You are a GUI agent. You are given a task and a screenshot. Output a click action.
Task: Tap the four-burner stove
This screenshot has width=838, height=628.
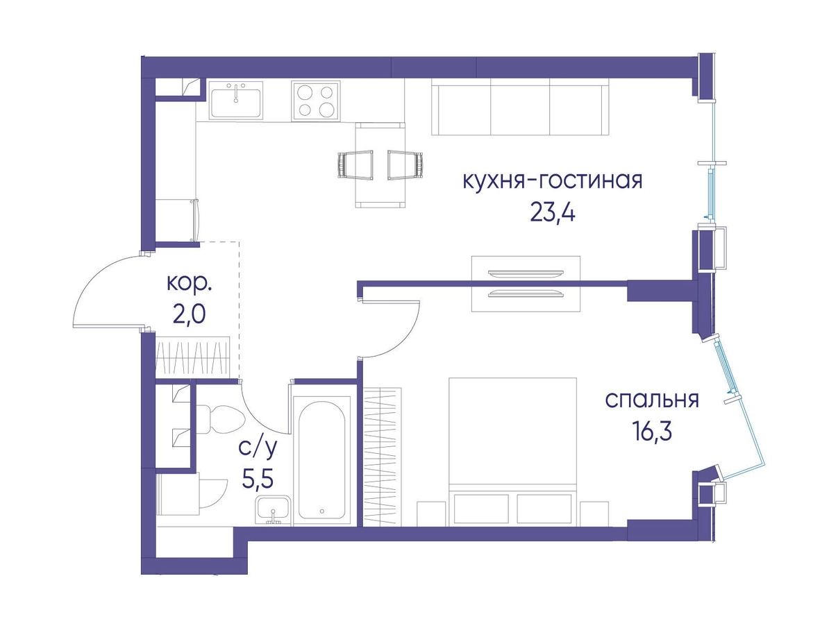(x=315, y=101)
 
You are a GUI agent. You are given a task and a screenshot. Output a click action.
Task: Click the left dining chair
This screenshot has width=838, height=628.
(x=355, y=165)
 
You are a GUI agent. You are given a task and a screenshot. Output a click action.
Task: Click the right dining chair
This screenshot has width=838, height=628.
(x=405, y=165)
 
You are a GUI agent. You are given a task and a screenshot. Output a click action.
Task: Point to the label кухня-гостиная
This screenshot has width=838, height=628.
(x=553, y=181)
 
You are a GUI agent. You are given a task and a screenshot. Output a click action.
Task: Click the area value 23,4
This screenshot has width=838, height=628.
(x=553, y=214)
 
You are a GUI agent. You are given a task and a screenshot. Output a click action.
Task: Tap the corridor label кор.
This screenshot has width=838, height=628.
(x=189, y=284)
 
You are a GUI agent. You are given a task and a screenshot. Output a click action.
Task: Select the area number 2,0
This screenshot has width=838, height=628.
(x=189, y=315)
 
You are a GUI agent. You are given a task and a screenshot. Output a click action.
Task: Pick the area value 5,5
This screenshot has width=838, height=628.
(x=258, y=480)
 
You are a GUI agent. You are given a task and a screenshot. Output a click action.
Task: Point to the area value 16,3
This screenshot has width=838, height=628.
(x=652, y=432)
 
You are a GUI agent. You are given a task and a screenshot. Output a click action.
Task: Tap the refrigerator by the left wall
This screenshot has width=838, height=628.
(x=177, y=220)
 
